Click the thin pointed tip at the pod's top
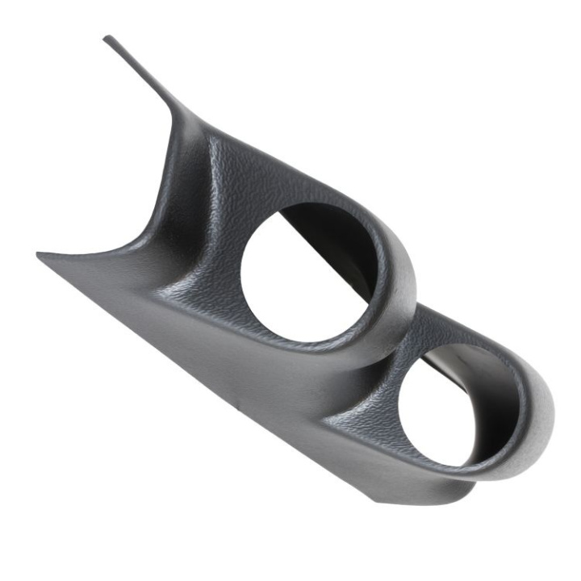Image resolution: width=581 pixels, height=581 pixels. pyautogui.click(x=107, y=38)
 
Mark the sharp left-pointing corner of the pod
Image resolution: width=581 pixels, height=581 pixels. pyautogui.click(x=39, y=255)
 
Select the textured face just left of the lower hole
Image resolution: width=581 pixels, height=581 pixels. pyautogui.click(x=367, y=403)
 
